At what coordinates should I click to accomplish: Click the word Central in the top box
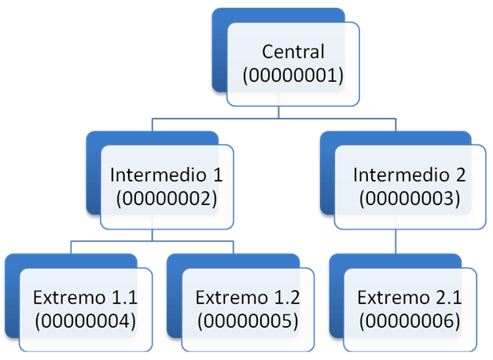click(x=293, y=52)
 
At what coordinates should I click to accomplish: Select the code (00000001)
click(x=293, y=75)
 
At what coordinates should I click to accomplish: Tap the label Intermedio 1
click(x=167, y=174)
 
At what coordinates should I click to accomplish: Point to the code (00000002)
click(x=167, y=199)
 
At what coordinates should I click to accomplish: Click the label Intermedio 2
click(x=410, y=174)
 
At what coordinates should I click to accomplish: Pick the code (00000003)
click(x=410, y=199)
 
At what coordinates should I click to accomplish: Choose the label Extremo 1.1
click(x=85, y=297)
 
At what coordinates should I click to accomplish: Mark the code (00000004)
click(x=85, y=321)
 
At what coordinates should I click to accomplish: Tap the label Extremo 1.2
click(x=248, y=297)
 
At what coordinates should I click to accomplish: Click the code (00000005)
click(x=248, y=321)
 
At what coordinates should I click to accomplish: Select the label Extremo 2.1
click(x=410, y=297)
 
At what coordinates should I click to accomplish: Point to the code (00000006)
click(x=410, y=321)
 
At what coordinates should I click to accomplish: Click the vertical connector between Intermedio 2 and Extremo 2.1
click(x=396, y=241)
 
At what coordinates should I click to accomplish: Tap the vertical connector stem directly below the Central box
click(x=278, y=112)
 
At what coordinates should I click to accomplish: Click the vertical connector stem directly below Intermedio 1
click(x=153, y=235)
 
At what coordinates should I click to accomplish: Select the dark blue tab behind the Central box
click(x=220, y=50)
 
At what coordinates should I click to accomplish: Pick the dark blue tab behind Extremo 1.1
click(x=13, y=296)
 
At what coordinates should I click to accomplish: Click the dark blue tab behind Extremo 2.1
click(x=337, y=296)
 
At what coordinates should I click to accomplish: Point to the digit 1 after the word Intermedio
click(x=218, y=175)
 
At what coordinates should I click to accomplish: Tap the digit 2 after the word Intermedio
click(x=461, y=175)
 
